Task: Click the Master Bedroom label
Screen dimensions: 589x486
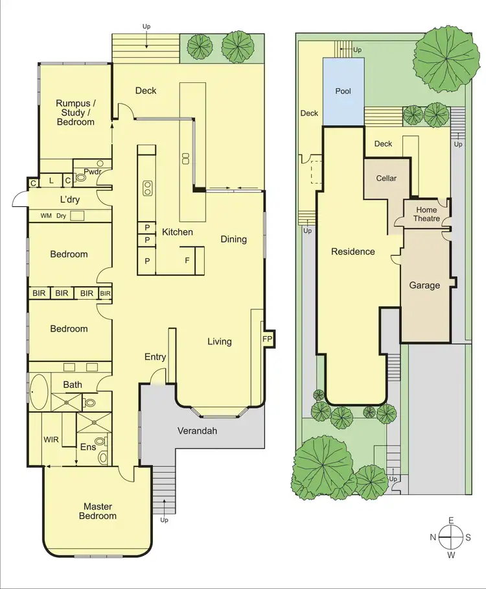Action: pyautogui.click(x=98, y=511)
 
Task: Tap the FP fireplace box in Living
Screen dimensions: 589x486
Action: pyautogui.click(x=267, y=339)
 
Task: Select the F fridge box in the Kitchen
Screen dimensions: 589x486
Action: pyautogui.click(x=187, y=261)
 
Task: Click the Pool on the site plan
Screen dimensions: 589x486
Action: pyautogui.click(x=343, y=91)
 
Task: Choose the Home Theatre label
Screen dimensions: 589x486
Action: pyautogui.click(x=426, y=214)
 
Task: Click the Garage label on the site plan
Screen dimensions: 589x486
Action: pyautogui.click(x=424, y=285)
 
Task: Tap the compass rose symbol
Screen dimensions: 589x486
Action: pyautogui.click(x=450, y=537)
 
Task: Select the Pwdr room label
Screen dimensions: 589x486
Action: pyautogui.click(x=83, y=173)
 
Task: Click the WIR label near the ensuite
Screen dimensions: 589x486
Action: pyautogui.click(x=51, y=440)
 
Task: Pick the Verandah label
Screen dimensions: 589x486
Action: pyautogui.click(x=197, y=431)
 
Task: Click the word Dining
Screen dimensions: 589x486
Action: pyautogui.click(x=233, y=239)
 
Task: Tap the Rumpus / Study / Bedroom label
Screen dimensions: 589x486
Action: pyautogui.click(x=75, y=112)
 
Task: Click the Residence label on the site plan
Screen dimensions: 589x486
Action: pyautogui.click(x=353, y=251)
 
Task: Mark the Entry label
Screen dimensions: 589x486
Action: pyautogui.click(x=155, y=357)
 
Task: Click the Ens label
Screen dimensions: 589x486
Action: pyautogui.click(x=87, y=447)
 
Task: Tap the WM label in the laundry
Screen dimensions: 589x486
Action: pyautogui.click(x=46, y=215)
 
